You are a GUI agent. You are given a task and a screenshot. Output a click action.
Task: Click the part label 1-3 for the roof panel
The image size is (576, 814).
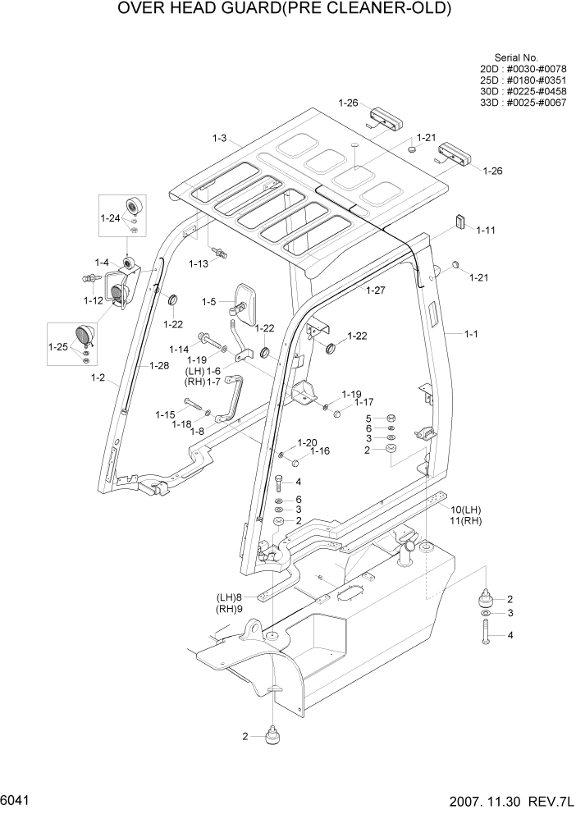[218, 139]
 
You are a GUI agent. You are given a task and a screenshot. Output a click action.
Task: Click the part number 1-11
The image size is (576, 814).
[486, 231]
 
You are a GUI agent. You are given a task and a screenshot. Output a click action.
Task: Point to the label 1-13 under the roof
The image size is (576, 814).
[198, 263]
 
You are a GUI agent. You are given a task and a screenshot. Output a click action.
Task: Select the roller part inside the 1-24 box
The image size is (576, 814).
[130, 207]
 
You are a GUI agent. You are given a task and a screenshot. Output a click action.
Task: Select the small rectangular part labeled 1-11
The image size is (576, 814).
[460, 221]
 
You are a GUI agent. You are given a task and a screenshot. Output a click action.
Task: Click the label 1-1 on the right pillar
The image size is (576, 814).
[471, 334]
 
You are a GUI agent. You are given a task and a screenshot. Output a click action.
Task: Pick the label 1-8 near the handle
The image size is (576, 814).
[197, 431]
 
